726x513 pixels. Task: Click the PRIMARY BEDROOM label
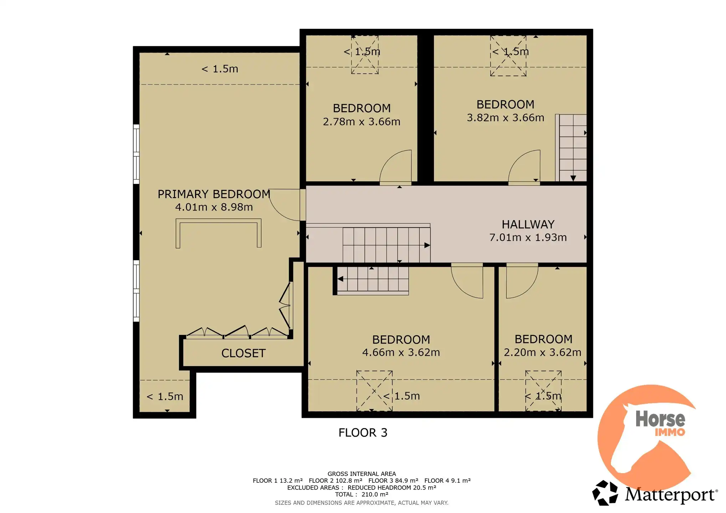(x=214, y=194)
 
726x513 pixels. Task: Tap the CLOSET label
(x=244, y=353)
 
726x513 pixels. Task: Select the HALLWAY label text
(x=528, y=224)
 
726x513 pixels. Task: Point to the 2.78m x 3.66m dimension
(x=362, y=122)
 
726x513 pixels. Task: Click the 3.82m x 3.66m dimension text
(x=506, y=118)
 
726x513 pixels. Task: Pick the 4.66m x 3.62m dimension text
(x=401, y=352)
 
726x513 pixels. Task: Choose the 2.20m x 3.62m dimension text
(x=543, y=352)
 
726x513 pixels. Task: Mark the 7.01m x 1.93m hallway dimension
(x=528, y=237)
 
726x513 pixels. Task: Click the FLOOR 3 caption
(x=363, y=432)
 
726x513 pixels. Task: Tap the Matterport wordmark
(x=671, y=495)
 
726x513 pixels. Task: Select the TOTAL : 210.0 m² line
(x=362, y=494)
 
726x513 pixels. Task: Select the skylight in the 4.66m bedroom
(x=374, y=391)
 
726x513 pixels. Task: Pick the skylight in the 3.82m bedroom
(x=508, y=56)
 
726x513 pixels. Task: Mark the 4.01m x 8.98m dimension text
(x=214, y=207)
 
